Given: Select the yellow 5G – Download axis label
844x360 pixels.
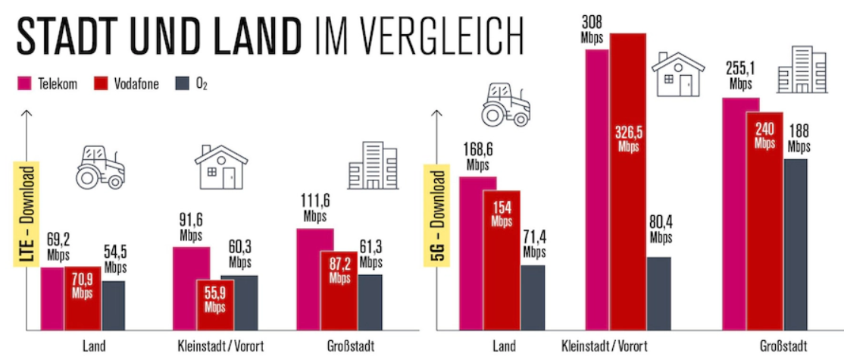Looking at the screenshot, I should (x=437, y=214).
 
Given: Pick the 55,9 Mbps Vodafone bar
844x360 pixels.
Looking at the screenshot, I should (x=214, y=305).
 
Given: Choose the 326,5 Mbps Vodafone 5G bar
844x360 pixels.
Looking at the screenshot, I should (x=627, y=182).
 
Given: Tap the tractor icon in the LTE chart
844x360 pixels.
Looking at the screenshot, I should (x=98, y=166).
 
